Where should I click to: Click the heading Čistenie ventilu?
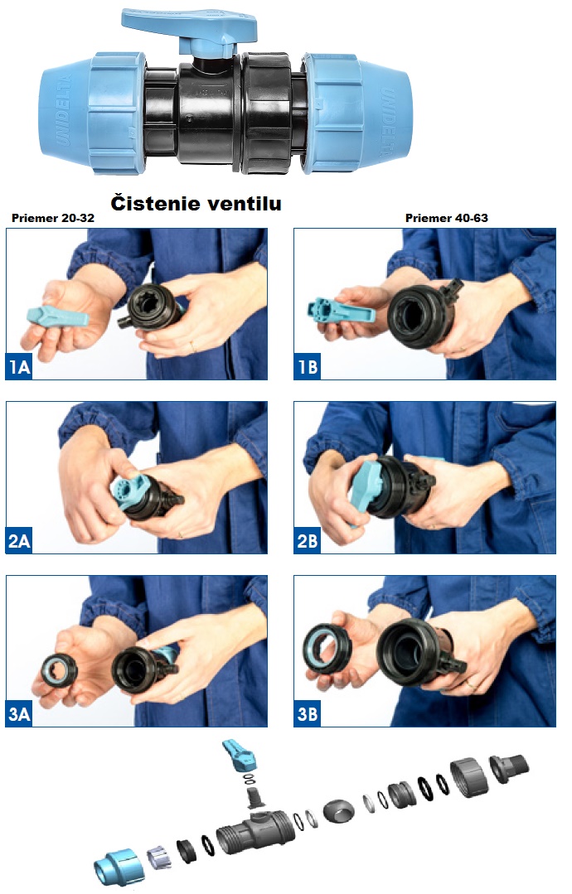(196, 203)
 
